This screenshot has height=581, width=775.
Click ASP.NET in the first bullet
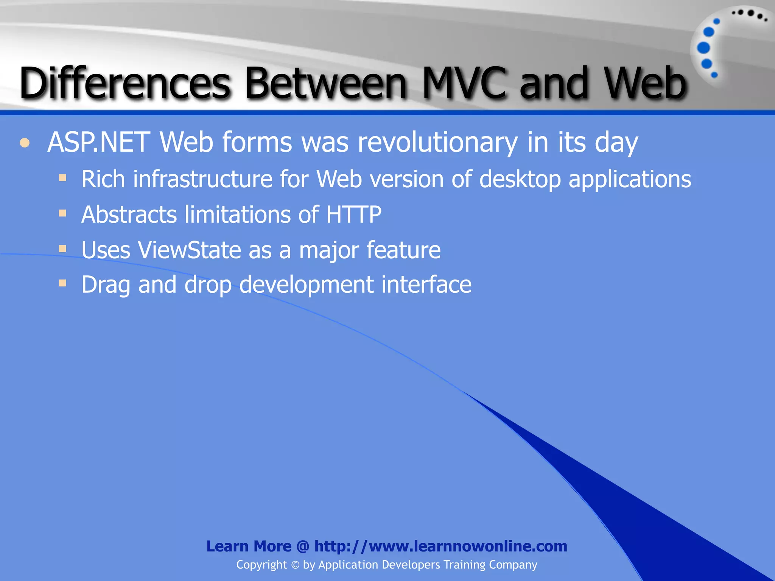tap(98, 142)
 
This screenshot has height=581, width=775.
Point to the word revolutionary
tap(437, 143)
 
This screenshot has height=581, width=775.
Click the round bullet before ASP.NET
tap(25, 143)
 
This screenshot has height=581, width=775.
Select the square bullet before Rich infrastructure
tap(63, 178)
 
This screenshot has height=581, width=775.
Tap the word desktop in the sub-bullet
tap(520, 179)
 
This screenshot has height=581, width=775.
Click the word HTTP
tap(353, 214)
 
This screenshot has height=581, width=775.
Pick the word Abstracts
tap(129, 214)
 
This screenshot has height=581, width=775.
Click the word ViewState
tap(189, 250)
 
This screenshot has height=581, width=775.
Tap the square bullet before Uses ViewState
tap(63, 249)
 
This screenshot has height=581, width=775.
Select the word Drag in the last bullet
tap(106, 285)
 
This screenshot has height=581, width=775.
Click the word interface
tap(426, 284)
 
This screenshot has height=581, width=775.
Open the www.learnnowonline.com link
tap(441, 546)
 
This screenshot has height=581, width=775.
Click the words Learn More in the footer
tap(249, 546)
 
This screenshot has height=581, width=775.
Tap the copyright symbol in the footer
tap(295, 565)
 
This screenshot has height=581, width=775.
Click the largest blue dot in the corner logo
tap(703, 48)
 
